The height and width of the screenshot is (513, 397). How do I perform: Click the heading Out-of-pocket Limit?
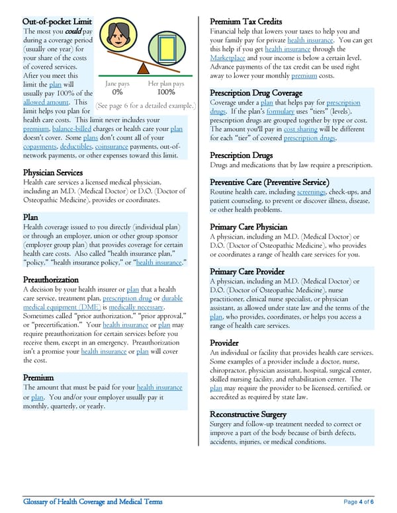point(57,22)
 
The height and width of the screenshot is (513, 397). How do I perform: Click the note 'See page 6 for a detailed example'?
point(145,106)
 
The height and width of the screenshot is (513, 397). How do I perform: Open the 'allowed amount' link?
point(45,102)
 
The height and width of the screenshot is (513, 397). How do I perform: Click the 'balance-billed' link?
point(74,129)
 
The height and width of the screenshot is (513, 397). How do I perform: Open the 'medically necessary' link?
point(136,307)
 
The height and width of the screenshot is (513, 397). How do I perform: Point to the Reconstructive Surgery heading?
point(248,414)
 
